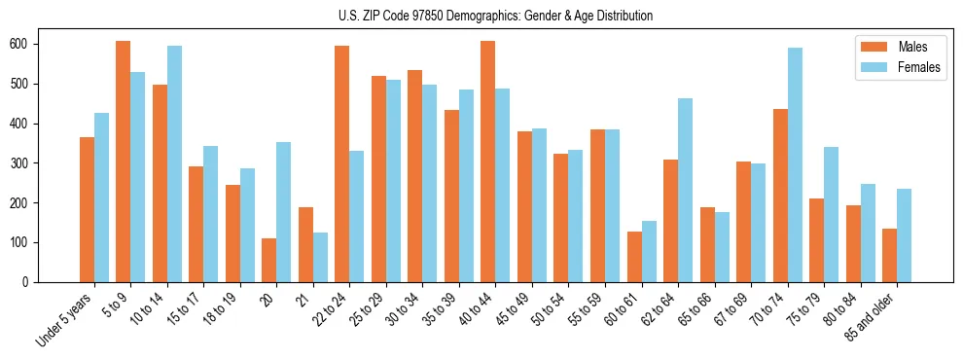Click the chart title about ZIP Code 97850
[481, 16]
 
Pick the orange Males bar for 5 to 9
[124, 162]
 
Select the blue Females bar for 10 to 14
[174, 163]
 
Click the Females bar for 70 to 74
[795, 164]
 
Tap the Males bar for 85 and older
[889, 255]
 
